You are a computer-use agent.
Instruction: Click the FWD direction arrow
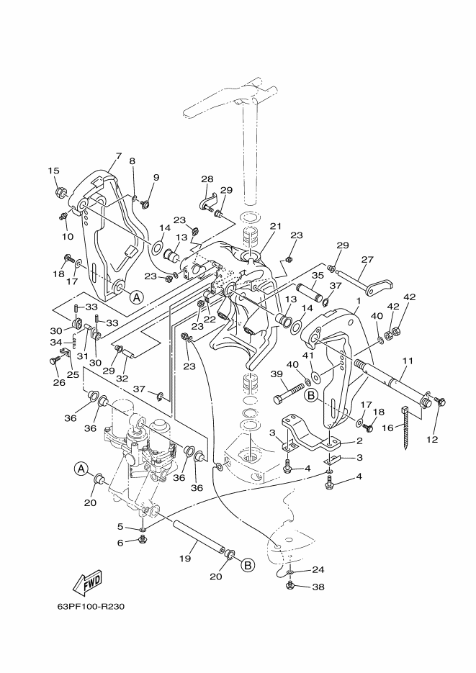point(89,584)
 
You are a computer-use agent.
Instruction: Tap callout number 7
point(119,155)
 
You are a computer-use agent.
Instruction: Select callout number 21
point(276,226)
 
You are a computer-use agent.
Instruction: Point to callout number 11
point(408,361)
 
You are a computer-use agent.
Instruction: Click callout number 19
point(186,559)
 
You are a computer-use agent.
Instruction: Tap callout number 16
point(387,428)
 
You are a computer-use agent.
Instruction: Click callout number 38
point(319,587)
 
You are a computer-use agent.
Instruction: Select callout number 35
point(318,276)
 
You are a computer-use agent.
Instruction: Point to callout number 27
point(367,259)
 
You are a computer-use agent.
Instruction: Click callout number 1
point(359,302)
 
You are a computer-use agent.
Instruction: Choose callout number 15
point(53,171)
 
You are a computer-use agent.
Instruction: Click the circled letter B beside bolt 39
point(312,395)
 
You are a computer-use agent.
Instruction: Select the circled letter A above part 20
point(80,469)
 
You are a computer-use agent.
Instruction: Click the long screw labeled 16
point(405,428)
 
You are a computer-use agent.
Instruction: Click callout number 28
point(207,179)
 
